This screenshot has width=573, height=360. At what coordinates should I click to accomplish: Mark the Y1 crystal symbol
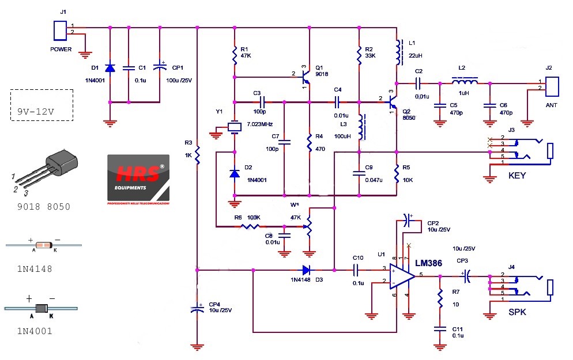tap(235, 127)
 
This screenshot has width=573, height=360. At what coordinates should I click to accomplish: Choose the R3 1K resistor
tap(197, 154)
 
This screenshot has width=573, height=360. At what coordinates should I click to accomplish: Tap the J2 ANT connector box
tap(551, 85)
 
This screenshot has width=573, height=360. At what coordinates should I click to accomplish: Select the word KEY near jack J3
tap(517, 176)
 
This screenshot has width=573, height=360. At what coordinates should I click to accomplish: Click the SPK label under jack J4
tap(517, 312)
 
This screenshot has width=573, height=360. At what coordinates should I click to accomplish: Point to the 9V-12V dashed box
tap(42, 105)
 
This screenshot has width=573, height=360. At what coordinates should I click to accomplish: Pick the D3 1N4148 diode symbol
tap(306, 270)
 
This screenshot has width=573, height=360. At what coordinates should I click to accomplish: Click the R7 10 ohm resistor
tap(440, 298)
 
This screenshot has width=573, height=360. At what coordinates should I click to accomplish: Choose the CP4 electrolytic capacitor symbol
tap(197, 309)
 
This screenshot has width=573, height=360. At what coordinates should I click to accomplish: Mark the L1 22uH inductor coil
tap(397, 52)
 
